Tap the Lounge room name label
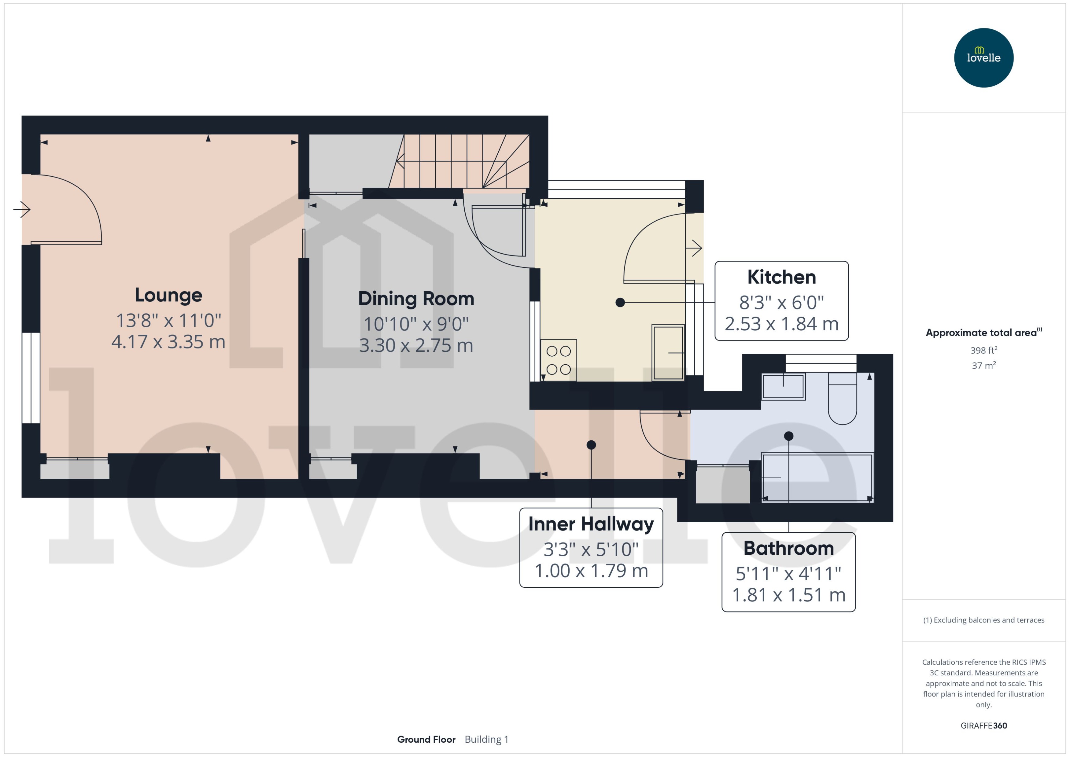coord(168,295)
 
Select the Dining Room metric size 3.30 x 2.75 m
coord(416,345)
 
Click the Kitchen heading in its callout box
coord(781,277)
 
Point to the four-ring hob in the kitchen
coord(559,360)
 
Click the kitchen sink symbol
coord(668,352)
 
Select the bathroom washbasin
coord(783,386)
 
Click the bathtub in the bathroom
coord(817,477)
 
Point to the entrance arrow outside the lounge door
coord(22,209)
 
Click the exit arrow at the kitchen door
coord(695,248)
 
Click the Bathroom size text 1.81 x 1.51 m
coord(788,595)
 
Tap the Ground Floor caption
coord(426,739)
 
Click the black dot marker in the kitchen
coord(620,303)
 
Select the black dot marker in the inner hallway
coord(591,445)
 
